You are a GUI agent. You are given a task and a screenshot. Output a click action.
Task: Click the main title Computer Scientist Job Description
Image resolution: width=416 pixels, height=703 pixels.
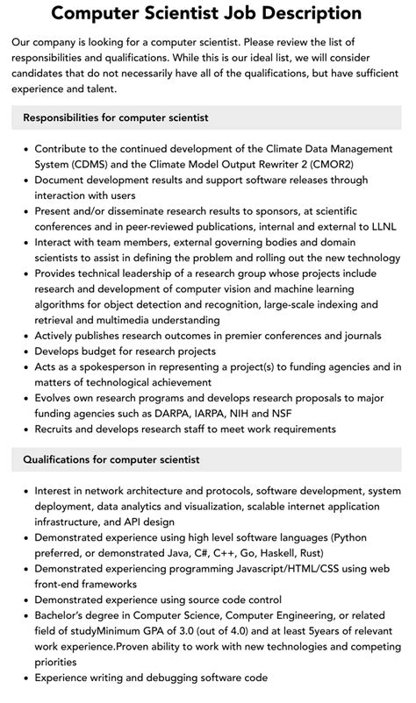click(208, 13)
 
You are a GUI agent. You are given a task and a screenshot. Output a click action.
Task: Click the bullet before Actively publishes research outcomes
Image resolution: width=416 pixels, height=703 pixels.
click(26, 335)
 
